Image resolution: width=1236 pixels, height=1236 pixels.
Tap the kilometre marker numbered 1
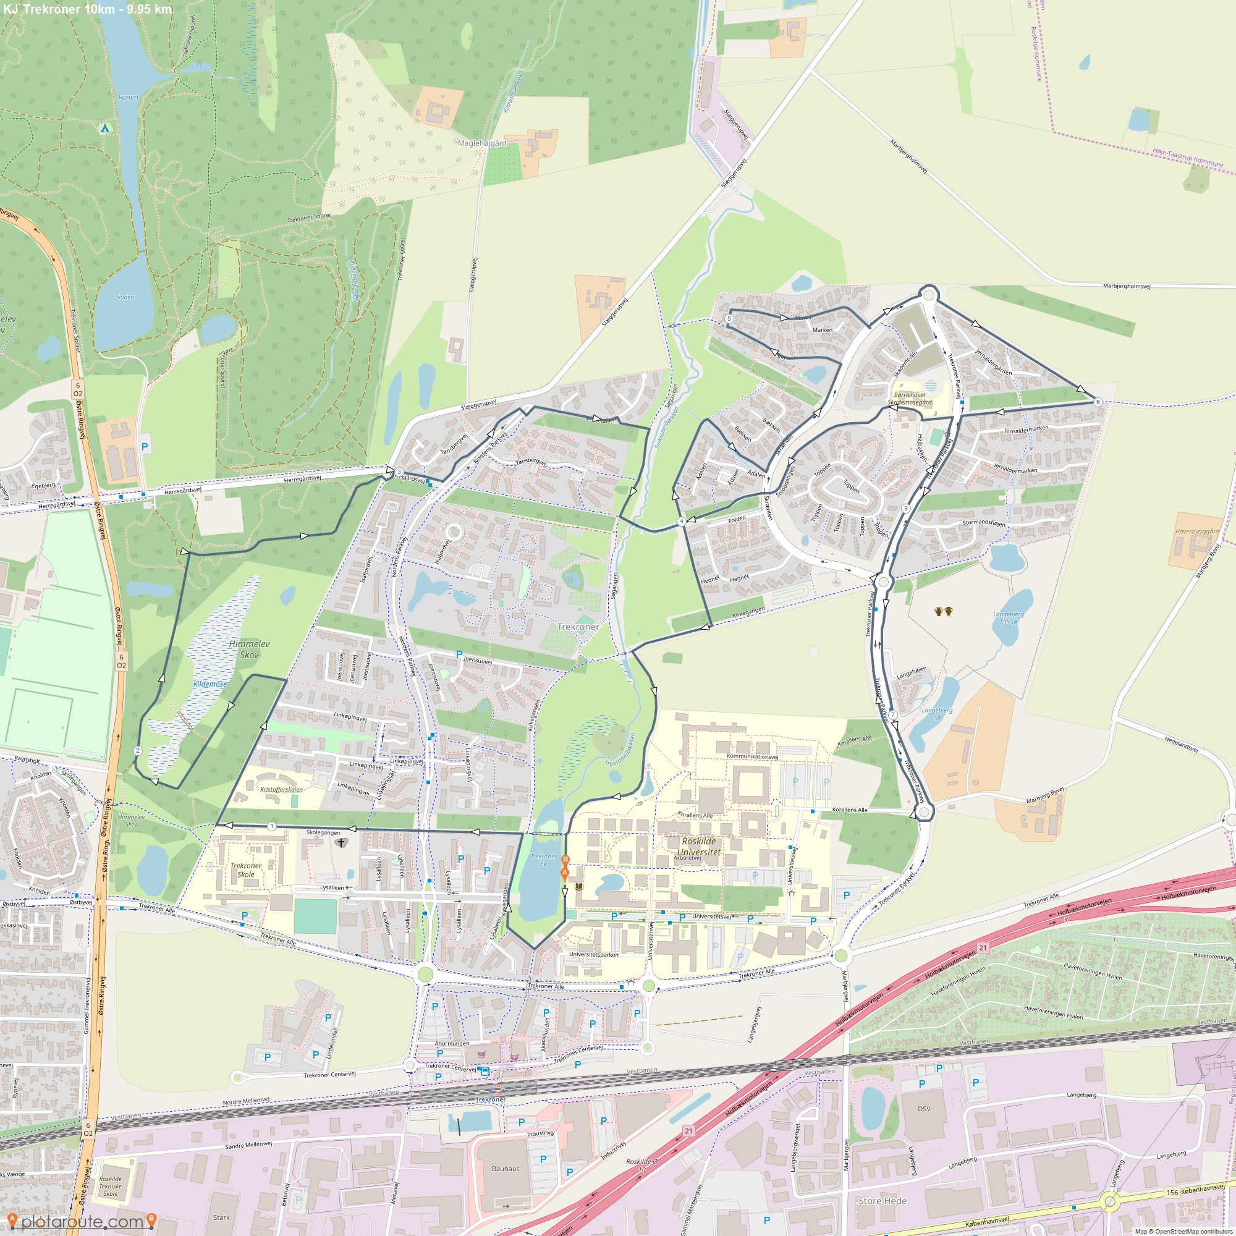(272, 826)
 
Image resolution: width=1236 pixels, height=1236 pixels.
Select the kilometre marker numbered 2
(138, 750)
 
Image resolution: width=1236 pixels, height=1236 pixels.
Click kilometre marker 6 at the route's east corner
(1098, 402)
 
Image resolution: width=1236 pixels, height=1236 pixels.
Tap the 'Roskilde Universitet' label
(698, 847)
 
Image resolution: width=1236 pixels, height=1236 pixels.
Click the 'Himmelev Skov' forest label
(249, 649)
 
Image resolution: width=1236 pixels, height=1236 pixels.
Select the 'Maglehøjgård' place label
(482, 143)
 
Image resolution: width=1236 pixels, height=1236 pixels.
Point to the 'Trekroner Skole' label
(246, 870)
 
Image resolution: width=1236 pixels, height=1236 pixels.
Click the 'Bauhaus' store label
(506, 1168)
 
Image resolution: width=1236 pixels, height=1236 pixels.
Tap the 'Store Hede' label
(883, 1201)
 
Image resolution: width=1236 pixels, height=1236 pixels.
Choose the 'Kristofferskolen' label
(281, 789)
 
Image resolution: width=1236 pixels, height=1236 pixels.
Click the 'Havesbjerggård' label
(1197, 531)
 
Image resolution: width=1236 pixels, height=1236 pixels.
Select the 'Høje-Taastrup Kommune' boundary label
(1187, 158)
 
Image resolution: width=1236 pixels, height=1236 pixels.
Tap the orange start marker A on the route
(564, 873)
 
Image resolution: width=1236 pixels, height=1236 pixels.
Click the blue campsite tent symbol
(106, 128)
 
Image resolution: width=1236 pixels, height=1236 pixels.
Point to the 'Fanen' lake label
(128, 97)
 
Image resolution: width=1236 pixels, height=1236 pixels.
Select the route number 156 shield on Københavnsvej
(1172, 1193)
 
